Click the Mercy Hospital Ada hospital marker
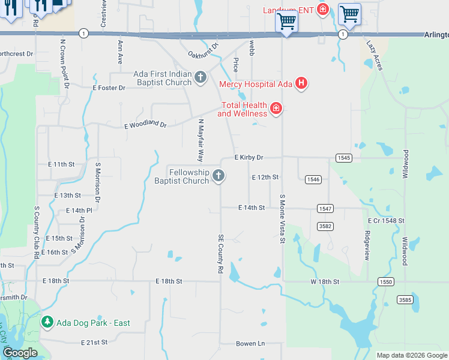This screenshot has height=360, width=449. point(301,83)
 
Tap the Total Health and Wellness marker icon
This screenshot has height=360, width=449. point(276,109)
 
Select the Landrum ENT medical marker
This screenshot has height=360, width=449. point(323,10)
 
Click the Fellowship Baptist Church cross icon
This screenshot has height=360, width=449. point(219,176)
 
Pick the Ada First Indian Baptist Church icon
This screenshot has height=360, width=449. point(200,77)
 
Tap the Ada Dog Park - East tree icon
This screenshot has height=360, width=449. point(47,322)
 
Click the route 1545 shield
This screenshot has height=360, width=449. point(344,158)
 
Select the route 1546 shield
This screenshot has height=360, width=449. point(313,179)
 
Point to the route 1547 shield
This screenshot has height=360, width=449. point(325,208)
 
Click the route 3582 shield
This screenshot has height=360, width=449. point(325,226)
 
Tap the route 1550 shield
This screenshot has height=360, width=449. point(385,281)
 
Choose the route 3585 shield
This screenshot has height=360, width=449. point(405,299)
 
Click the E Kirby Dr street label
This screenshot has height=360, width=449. point(249,157)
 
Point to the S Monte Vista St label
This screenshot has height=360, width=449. point(282,219)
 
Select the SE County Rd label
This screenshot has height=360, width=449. point(221,254)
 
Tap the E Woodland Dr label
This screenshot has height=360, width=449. point(145,124)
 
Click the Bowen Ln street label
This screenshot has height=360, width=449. point(250,343)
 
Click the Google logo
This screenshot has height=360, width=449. point(20,353)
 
